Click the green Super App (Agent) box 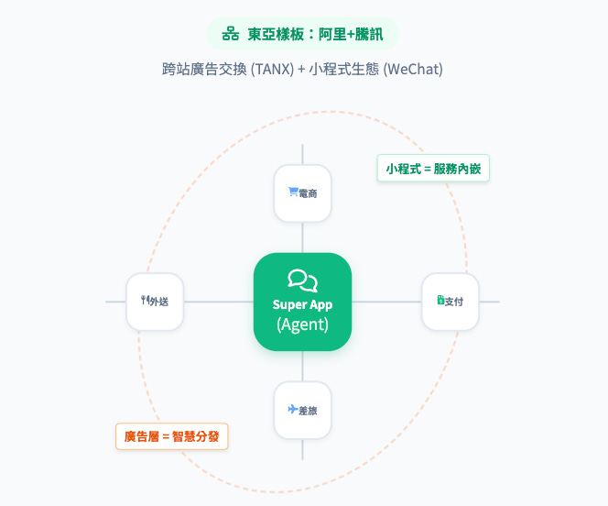(302, 302)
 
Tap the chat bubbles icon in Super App (302, 280)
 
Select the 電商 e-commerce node (302, 192)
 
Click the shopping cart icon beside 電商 (292, 192)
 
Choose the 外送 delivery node (155, 301)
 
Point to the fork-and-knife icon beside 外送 (144, 300)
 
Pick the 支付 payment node (449, 301)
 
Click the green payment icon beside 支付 (440, 300)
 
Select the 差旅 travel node (302, 410)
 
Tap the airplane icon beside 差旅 (292, 409)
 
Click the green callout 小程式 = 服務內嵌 (433, 169)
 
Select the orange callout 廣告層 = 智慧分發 (171, 435)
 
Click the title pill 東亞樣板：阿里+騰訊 (303, 34)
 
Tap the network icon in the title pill (231, 34)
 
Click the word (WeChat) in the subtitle (415, 70)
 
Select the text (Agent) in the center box (302, 324)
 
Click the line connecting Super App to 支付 (386, 302)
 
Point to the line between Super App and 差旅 (302, 366)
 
